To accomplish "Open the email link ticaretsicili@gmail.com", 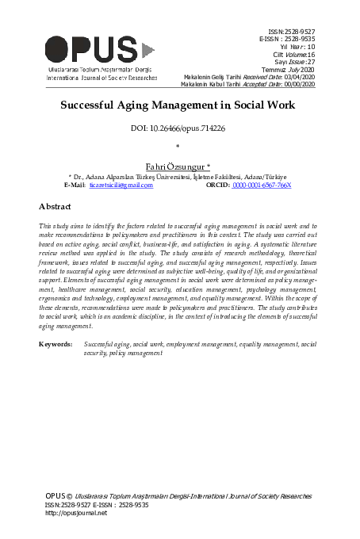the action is click(120, 185).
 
